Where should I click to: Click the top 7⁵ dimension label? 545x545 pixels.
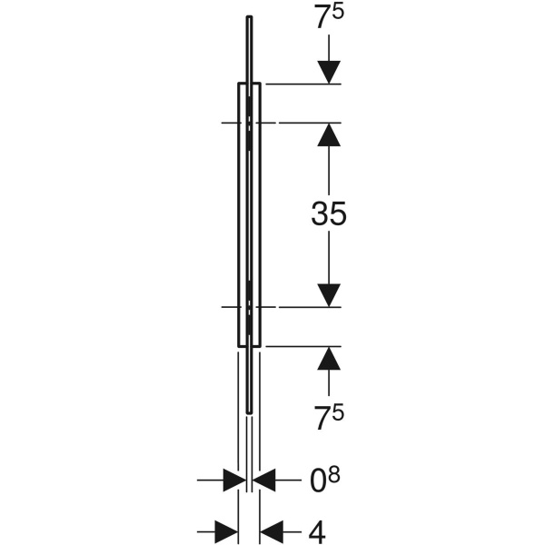coord(329,17)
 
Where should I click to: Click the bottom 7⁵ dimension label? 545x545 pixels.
coord(329,417)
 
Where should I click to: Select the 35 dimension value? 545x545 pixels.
coord(329,213)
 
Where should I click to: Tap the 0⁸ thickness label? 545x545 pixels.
coord(324,480)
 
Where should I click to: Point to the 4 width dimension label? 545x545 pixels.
coord(317,532)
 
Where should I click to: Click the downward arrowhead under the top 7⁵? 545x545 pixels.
coord(329,73)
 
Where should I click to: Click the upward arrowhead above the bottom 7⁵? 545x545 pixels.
coord(329,358)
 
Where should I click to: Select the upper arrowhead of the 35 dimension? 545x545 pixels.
coord(329,134)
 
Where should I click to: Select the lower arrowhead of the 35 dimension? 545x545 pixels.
coord(329,295)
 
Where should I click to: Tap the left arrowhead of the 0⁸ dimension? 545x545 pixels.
coord(234,480)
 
